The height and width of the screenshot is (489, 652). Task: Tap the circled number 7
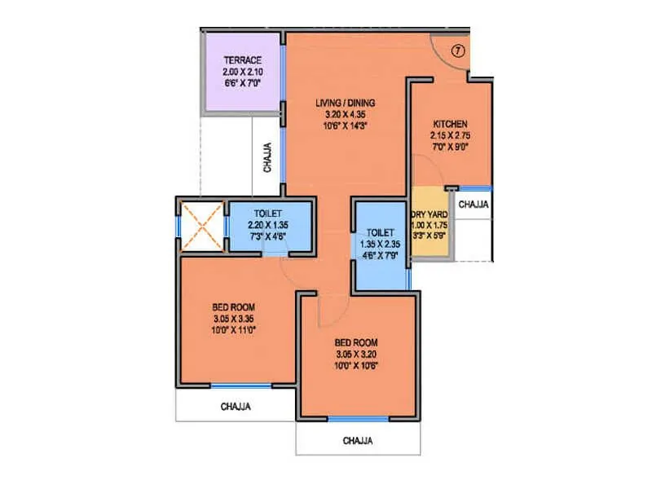coord(458,51)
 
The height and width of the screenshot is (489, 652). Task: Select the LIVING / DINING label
coord(346,103)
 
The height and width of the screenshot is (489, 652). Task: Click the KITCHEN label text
coord(450,123)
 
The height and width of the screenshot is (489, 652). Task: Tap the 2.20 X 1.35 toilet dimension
coord(269,226)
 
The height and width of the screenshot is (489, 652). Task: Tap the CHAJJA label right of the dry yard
coord(473,205)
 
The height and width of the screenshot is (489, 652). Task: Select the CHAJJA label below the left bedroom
coord(235,406)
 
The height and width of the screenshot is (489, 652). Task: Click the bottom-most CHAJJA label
coord(358,441)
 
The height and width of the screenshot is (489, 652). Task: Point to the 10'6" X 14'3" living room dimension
coord(346,126)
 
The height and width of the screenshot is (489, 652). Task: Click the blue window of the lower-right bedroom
coord(358,419)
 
